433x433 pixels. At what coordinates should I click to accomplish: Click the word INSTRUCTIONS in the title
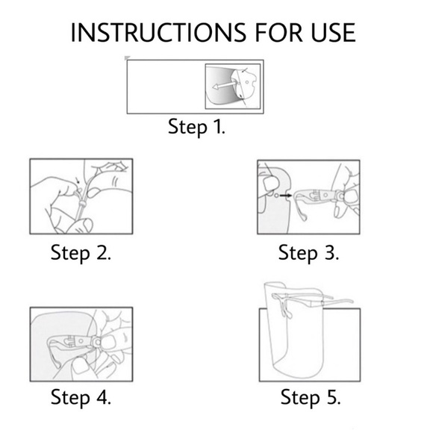tap(158, 33)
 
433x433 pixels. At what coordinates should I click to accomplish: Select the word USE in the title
tap(333, 33)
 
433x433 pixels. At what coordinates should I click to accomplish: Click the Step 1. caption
tap(196, 127)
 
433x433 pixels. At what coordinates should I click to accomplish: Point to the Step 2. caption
tap(81, 252)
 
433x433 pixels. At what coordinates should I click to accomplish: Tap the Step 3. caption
tap(308, 252)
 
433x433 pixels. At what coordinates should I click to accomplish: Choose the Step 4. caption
tap(81, 397)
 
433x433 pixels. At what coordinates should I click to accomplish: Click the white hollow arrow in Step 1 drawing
tap(223, 85)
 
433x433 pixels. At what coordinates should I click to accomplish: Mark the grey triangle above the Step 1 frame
tap(127, 57)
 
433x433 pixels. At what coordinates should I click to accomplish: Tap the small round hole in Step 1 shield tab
tap(247, 82)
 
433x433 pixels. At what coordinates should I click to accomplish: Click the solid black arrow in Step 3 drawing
tap(286, 196)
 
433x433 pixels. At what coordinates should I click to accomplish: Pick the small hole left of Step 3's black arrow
tap(277, 196)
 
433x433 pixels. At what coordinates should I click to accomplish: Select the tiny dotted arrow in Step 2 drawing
tap(78, 181)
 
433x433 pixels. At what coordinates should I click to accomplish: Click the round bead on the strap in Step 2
tap(83, 205)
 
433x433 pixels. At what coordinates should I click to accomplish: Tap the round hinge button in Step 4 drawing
tap(97, 342)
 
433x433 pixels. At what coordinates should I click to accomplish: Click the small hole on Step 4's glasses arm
tap(81, 341)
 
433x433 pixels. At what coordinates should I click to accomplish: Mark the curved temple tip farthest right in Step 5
tap(349, 301)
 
